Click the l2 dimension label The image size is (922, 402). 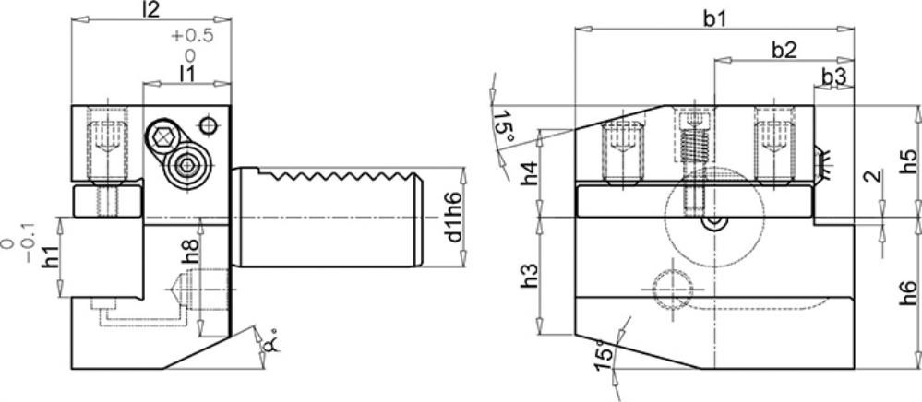151,10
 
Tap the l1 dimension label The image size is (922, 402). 187,74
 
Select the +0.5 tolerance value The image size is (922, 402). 192,36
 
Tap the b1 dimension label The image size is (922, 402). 715,18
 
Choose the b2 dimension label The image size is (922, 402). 784,51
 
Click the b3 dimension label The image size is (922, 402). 833,77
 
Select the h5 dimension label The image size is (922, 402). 908,170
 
